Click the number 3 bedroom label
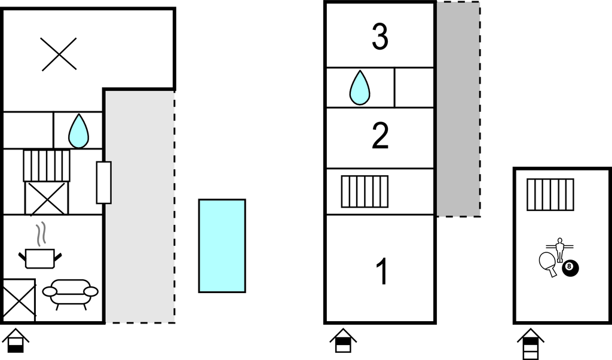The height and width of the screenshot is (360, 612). tap(380, 37)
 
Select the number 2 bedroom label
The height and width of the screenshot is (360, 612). tap(380, 136)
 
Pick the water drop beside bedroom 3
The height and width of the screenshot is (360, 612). tap(359, 88)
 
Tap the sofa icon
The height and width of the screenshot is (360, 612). tap(70, 294)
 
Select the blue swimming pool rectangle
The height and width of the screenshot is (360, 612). tap(222, 246)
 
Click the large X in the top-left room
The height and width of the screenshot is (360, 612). tap(59, 54)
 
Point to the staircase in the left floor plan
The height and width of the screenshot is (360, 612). tap(47, 165)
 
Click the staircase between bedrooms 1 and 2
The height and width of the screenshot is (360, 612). tap(365, 191)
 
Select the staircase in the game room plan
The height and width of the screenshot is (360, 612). tap(550, 194)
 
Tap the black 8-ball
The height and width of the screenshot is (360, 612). tap(570, 269)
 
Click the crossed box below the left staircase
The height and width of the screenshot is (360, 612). tap(47, 198)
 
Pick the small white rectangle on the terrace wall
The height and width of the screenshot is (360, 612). tap(104, 182)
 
